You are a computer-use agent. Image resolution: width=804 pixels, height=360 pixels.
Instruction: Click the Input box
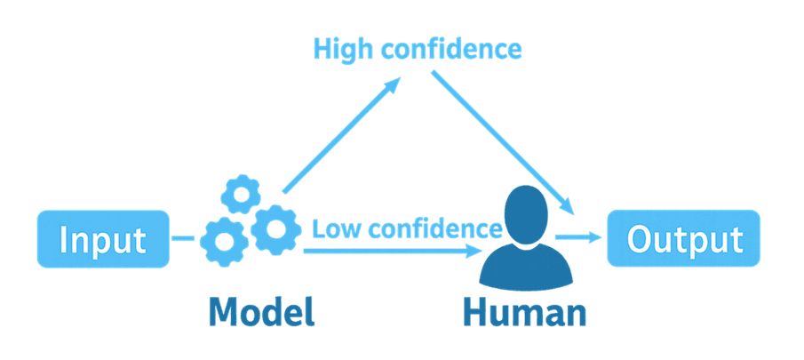pyautogui.click(x=102, y=239)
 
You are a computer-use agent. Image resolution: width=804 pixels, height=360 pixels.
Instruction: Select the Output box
pyautogui.click(x=683, y=238)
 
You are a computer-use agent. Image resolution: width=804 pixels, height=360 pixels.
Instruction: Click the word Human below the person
pyautogui.click(x=524, y=312)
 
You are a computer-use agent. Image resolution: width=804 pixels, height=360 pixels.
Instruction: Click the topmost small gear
pyautogui.click(x=238, y=192)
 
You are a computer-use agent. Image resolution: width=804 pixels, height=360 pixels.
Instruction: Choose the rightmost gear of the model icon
pyautogui.click(x=274, y=229)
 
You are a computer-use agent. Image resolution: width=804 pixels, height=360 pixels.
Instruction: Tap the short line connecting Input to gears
pyautogui.click(x=182, y=238)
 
